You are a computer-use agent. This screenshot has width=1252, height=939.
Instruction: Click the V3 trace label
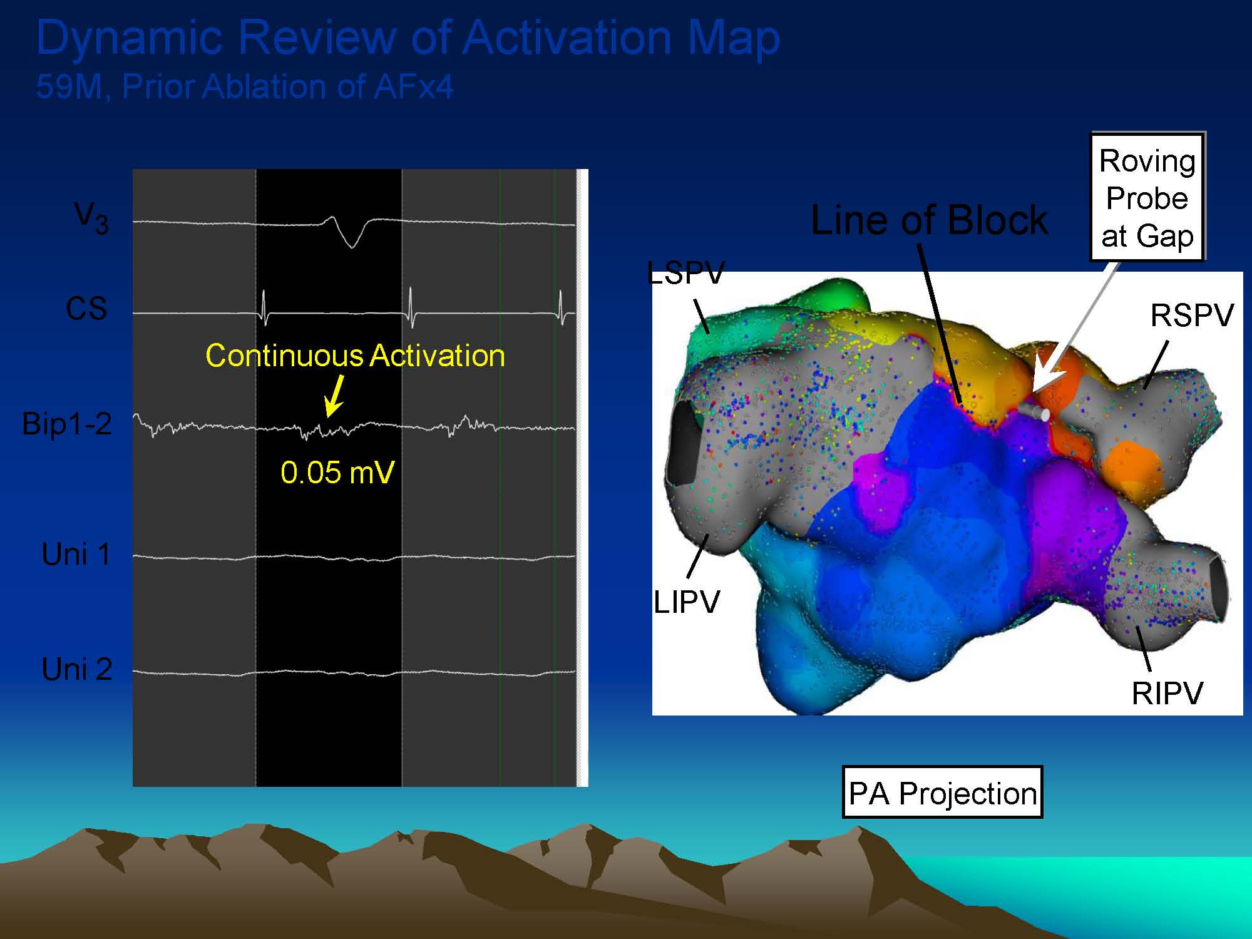point(91,218)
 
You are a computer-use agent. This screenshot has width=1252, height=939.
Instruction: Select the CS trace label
point(86,309)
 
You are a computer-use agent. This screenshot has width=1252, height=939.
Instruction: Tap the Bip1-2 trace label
point(67,424)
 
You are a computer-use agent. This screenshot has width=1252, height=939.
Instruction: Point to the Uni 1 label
point(76,554)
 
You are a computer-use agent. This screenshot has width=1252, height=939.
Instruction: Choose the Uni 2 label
point(77,669)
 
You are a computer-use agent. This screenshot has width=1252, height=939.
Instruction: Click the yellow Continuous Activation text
point(355,356)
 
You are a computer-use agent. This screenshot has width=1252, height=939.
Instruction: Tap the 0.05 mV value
point(337,472)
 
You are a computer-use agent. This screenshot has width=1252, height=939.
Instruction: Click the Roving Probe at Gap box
point(1147,198)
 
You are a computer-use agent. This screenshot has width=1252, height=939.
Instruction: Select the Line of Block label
point(929,220)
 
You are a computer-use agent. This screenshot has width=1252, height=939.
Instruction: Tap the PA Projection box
point(942,793)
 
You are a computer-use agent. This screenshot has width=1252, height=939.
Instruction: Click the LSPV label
point(686,273)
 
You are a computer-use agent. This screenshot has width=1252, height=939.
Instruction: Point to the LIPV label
point(687,602)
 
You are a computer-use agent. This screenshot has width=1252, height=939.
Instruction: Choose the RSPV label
point(1192,315)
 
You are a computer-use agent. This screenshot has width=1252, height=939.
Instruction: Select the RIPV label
point(1167,693)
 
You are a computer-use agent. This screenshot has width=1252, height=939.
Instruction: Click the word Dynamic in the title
point(130,38)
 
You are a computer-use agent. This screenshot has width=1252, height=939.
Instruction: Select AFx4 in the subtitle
point(413,86)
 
